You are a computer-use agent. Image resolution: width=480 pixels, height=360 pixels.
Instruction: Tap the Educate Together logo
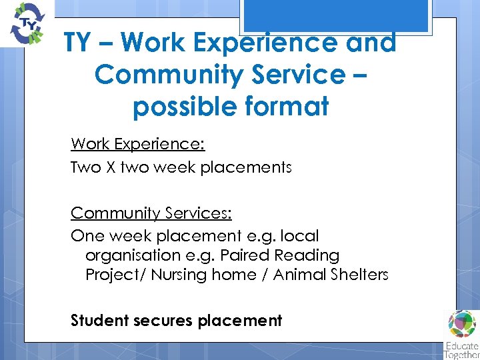462,333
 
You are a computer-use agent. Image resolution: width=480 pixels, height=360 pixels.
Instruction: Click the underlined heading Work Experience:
137,144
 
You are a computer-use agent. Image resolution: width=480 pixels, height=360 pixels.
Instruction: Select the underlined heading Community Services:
151,213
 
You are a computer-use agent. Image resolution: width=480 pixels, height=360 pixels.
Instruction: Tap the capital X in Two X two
111,167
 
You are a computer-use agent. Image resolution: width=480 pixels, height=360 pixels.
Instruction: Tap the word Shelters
359,275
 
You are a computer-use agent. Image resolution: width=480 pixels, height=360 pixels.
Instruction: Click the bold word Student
100,321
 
